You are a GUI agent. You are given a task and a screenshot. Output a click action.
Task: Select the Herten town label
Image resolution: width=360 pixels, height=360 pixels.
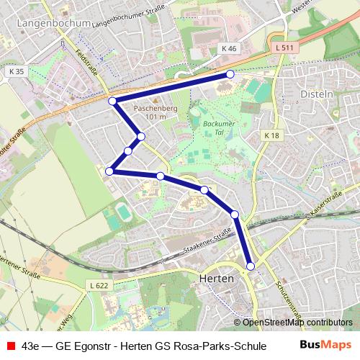(215, 278)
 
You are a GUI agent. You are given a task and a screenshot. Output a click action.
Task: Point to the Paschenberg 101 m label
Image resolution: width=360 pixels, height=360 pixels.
(156, 112)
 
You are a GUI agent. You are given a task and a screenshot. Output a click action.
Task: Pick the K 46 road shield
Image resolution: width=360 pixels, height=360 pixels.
(229, 48)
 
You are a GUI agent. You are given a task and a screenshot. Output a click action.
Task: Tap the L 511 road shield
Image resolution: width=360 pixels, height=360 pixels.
(284, 48)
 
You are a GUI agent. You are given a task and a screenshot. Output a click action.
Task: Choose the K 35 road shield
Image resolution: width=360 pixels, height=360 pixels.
(17, 72)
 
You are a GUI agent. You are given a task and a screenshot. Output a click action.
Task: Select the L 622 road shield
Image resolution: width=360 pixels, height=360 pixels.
(100, 286)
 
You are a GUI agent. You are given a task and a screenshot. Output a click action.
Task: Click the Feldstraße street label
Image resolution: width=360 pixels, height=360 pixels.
(87, 61)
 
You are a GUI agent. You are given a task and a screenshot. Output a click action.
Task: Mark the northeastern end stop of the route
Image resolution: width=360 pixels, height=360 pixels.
(230, 74)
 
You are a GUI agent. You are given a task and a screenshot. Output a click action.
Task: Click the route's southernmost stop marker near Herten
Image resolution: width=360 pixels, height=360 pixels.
(251, 266)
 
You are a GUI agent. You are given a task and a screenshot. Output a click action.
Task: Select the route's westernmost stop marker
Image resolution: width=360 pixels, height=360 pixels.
(109, 171)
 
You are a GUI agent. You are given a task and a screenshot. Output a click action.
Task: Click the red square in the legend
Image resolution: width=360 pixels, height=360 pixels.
(10, 345)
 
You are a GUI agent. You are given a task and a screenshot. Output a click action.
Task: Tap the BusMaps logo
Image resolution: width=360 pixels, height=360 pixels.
(325, 344)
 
